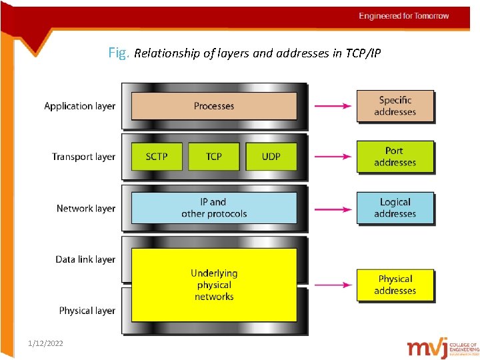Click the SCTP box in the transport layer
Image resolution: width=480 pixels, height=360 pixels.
tap(157, 157)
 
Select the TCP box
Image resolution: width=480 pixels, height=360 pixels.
tap(214, 157)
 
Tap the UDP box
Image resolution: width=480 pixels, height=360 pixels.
tap(271, 157)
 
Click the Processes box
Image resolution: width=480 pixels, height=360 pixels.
tap(214, 106)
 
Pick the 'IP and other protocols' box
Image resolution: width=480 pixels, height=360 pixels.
tap(214, 208)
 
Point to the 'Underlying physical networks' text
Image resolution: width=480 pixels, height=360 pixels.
tap(214, 285)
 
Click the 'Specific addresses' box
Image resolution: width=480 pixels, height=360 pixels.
tap(395, 106)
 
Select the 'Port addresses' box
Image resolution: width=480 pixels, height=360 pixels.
tap(395, 157)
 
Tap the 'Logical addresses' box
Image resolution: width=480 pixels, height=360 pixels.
tap(395, 208)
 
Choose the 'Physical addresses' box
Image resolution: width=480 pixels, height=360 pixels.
tap(395, 285)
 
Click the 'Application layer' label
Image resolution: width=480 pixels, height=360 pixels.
tap(79, 106)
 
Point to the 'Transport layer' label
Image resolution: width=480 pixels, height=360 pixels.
tap(83, 157)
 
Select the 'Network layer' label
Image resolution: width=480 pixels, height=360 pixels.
tap(85, 209)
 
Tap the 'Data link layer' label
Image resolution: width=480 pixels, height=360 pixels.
tap(85, 259)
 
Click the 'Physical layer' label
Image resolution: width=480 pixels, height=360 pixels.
tap(87, 311)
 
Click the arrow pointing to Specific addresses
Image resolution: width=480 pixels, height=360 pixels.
tap(332, 106)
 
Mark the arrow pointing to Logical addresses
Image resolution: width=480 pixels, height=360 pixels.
tap(332, 209)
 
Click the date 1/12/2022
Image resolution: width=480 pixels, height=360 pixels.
tap(45, 343)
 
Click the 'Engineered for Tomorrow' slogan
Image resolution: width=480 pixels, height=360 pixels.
tap(404, 16)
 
